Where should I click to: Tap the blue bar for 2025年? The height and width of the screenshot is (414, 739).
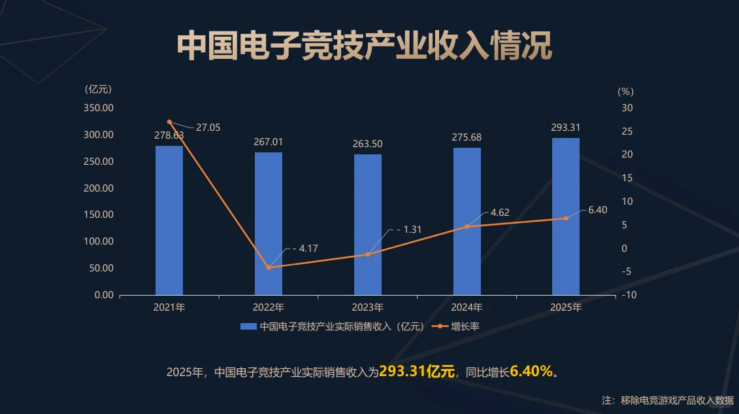pos(566,216)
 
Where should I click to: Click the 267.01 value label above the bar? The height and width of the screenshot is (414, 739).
pos(269,142)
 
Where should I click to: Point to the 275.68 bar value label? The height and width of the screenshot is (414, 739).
pos(467,137)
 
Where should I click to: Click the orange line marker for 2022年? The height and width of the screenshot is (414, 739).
pos(269,267)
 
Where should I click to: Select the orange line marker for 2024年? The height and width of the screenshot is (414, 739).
pos(467,227)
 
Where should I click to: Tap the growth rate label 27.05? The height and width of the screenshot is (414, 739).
pos(208,128)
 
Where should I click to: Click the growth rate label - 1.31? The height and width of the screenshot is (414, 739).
pos(409,230)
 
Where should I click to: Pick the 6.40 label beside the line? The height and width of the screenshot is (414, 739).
pos(597,210)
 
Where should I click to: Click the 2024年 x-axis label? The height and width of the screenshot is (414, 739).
pos(467,307)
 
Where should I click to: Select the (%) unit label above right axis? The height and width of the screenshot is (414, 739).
pos(625,92)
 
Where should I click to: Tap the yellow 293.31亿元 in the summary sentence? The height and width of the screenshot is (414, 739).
pos(417,372)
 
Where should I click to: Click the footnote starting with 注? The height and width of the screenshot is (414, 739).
pos(667,400)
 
